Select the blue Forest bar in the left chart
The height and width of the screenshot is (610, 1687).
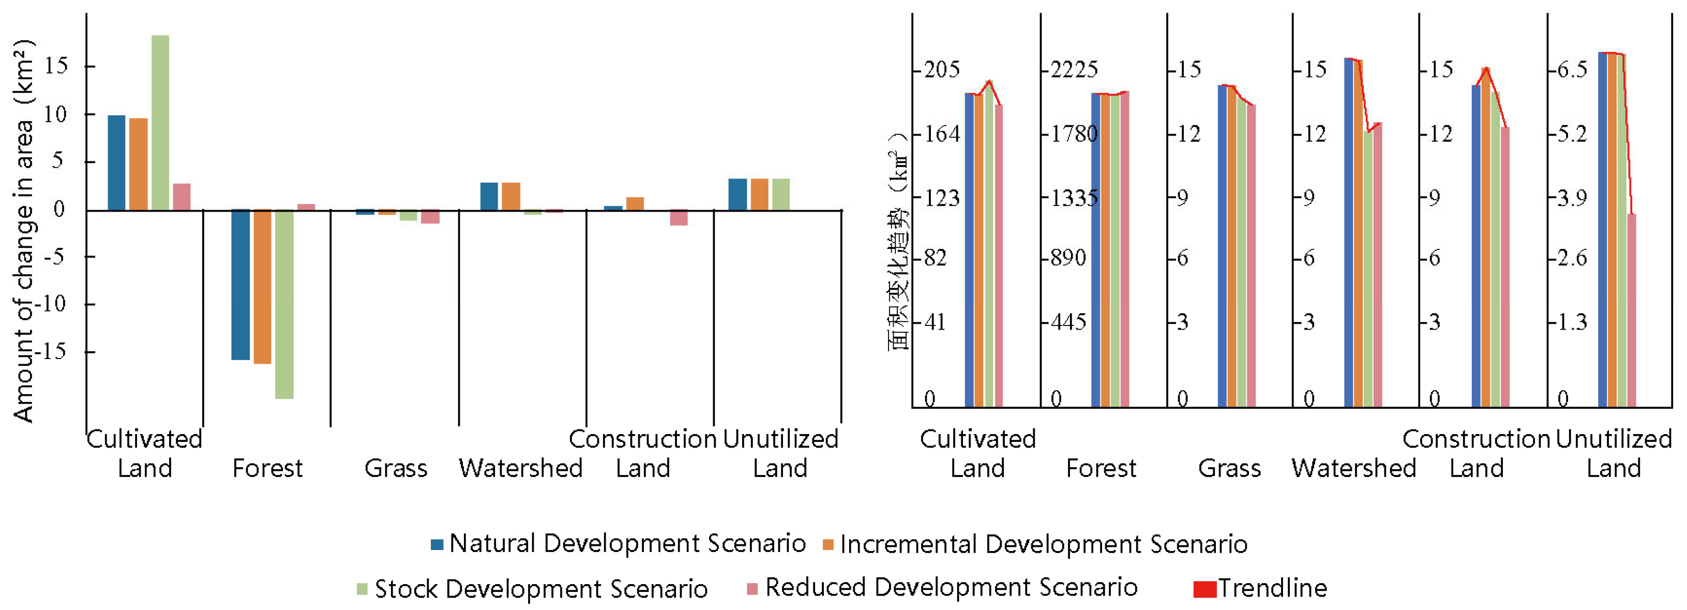point(240,285)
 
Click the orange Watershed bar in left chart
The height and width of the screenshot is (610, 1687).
point(511,197)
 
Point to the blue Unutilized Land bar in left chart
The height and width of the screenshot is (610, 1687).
point(737,195)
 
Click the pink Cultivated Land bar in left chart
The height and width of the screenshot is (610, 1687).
point(182,197)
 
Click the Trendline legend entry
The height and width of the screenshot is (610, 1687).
point(1271,588)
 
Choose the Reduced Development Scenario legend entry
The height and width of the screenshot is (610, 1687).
point(950,587)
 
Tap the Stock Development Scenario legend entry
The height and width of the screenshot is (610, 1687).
point(540,588)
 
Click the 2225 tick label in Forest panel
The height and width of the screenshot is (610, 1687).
point(1074,69)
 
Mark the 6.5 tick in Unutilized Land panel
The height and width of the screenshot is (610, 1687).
point(1571,69)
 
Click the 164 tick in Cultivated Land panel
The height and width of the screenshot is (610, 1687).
point(941,133)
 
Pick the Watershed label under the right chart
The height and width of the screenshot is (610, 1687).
point(1353,468)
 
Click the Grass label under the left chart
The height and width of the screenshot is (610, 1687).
point(396,468)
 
